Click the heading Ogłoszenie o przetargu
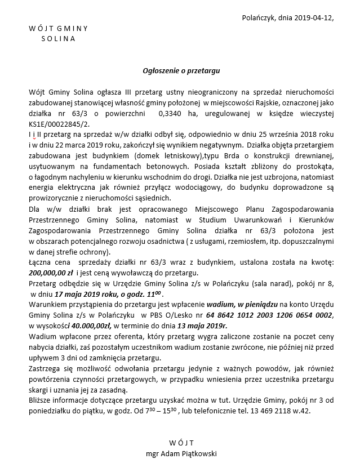pyautogui.click(x=180, y=72)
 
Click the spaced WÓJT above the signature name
pyautogui.click(x=180, y=442)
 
